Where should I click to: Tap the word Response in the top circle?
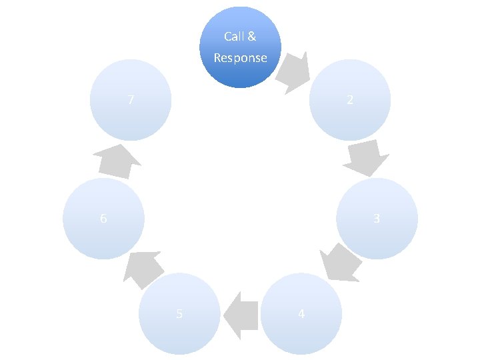tap(241, 58)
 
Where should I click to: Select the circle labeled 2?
tap(350, 100)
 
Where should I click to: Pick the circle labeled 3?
tap(377, 218)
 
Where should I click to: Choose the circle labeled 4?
tap(301, 313)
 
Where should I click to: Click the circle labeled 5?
tap(179, 313)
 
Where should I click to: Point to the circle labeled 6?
tap(103, 218)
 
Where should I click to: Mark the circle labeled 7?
tap(131, 100)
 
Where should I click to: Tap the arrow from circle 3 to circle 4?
tap(341, 261)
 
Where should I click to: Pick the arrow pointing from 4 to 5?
tap(241, 313)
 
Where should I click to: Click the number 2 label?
tap(350, 100)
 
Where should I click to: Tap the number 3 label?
tap(377, 218)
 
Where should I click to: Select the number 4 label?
tap(301, 313)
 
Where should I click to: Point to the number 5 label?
tap(179, 313)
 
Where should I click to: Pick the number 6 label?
tap(103, 218)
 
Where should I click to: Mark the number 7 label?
tap(131, 100)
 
